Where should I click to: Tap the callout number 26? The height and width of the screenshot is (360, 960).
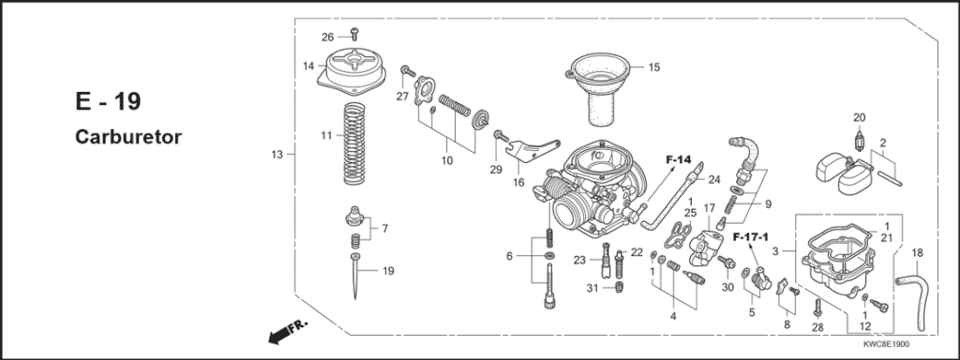(x=327, y=37)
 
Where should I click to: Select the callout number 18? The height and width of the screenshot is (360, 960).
(x=917, y=253)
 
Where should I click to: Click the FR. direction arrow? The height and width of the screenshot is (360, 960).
(x=287, y=333)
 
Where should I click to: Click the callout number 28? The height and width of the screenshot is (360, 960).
(x=817, y=327)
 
